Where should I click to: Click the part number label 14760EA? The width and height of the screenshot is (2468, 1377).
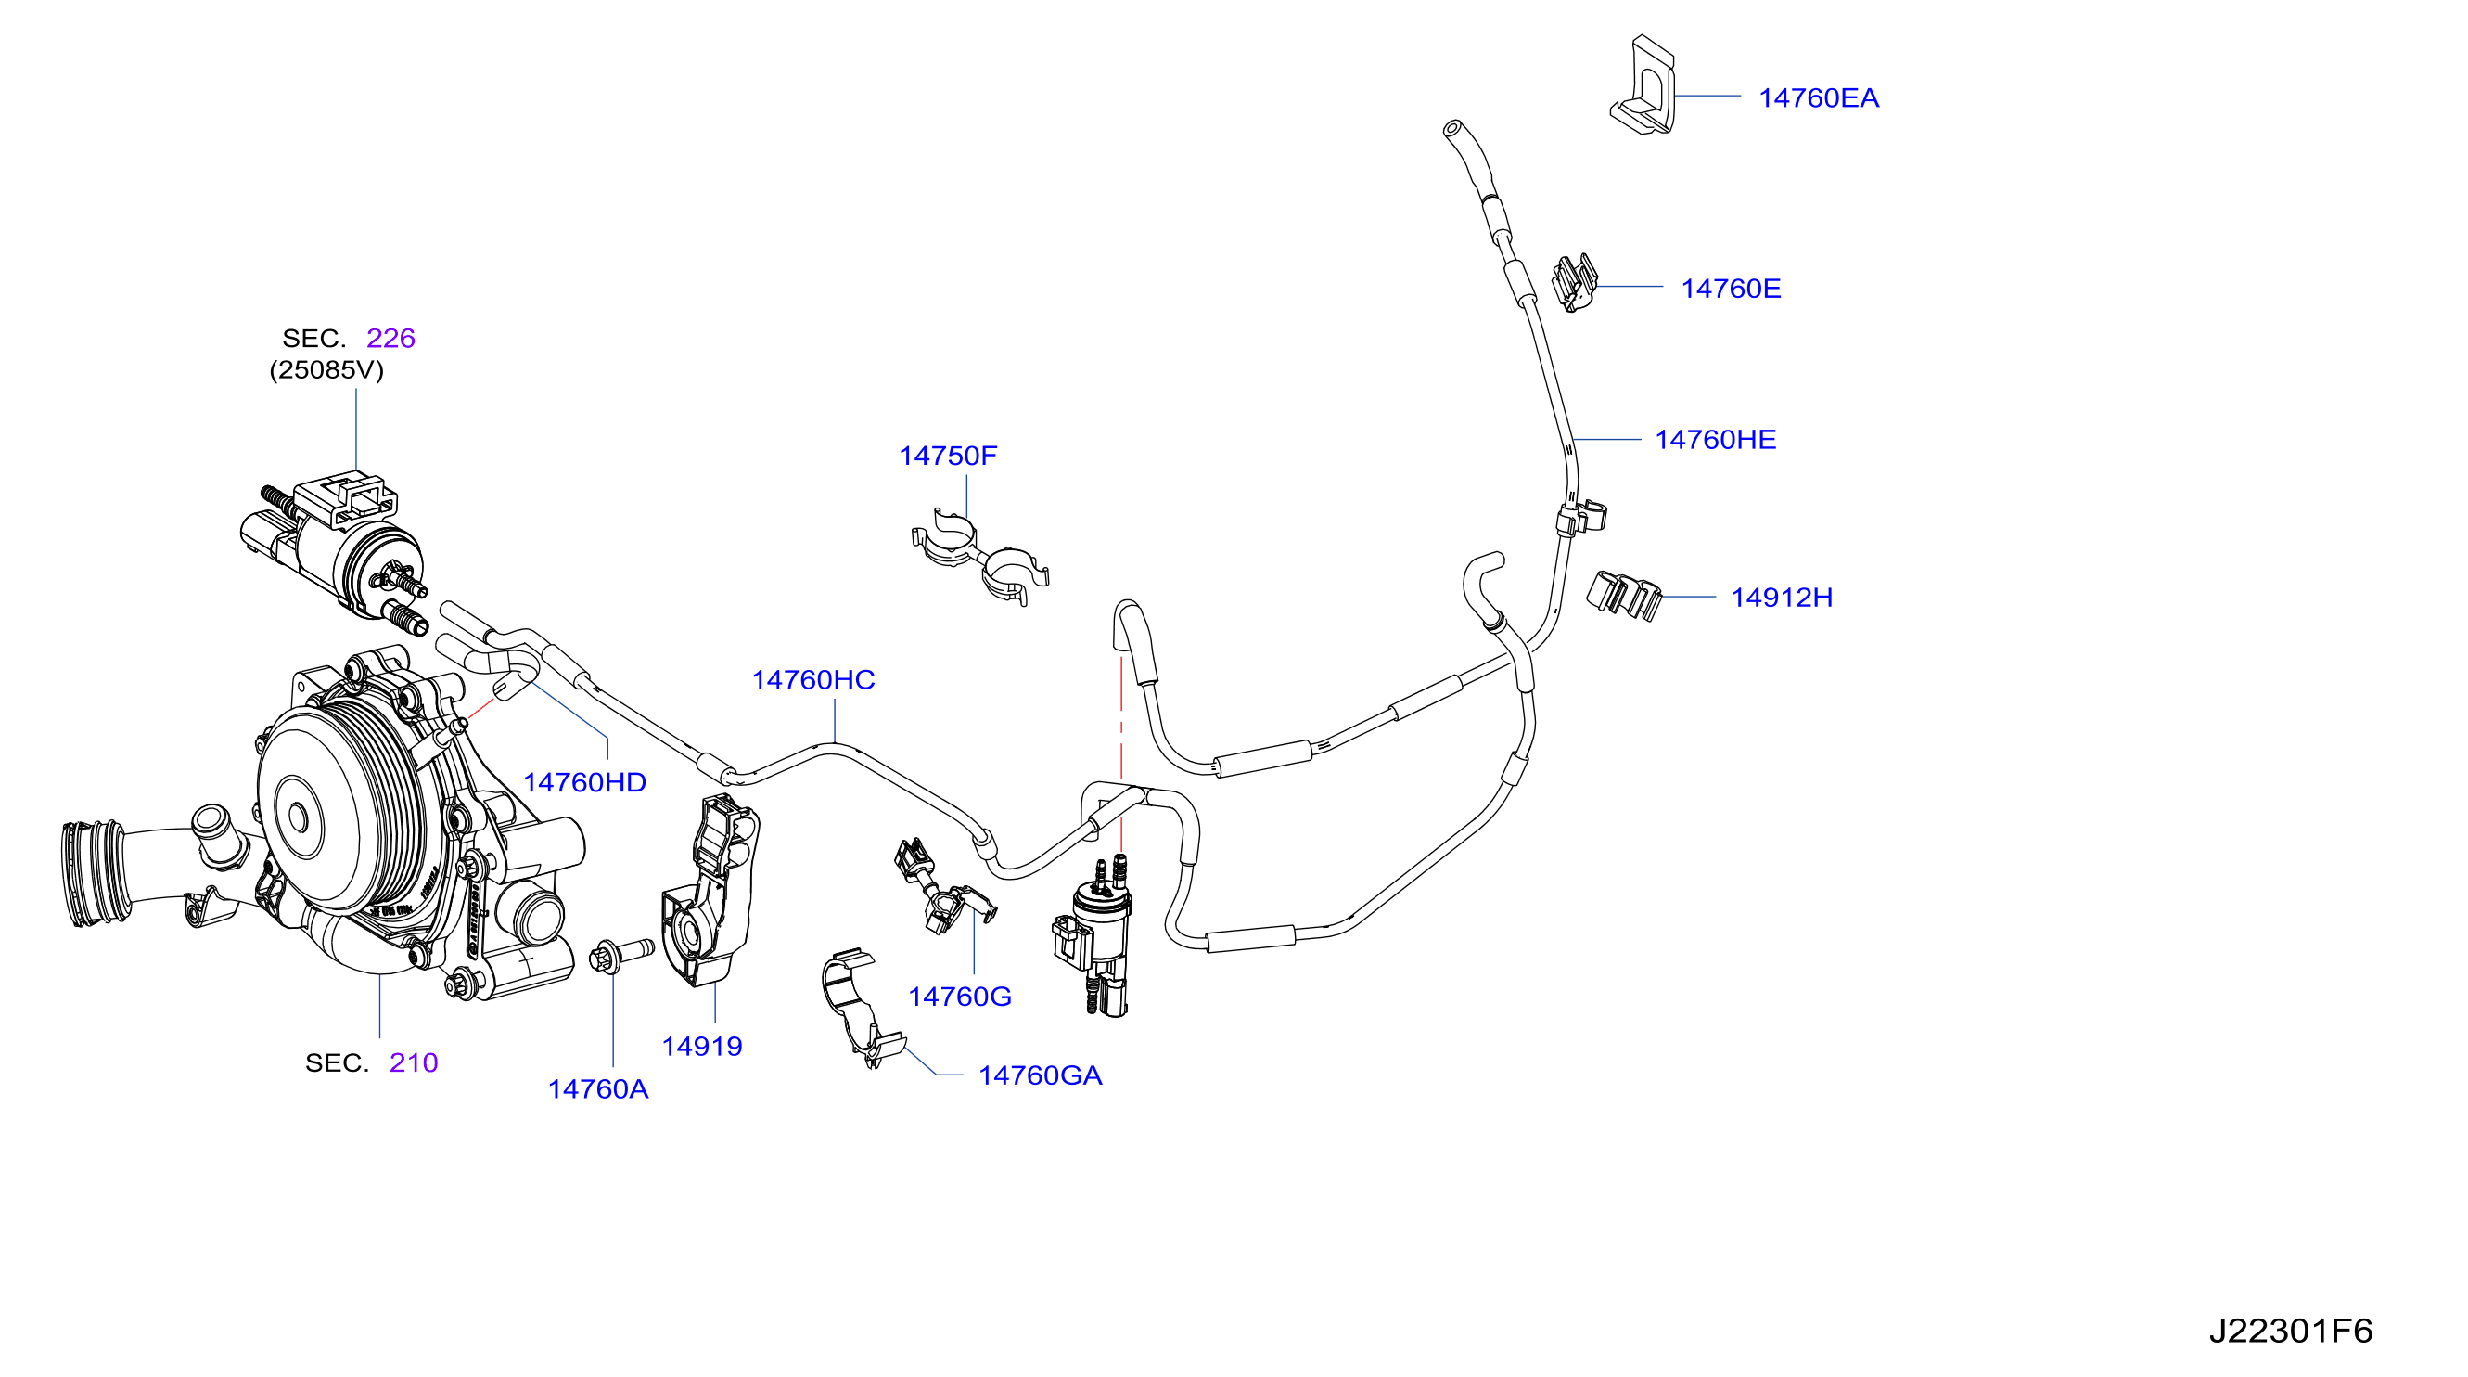click(1818, 97)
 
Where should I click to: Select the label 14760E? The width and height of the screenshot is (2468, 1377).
click(1731, 289)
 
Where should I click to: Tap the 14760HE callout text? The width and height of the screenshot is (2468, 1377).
click(1715, 440)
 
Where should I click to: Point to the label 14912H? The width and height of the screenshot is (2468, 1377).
click(1781, 598)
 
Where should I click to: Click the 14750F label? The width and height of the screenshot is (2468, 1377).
click(948, 457)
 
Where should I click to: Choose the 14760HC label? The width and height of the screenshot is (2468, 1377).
click(813, 680)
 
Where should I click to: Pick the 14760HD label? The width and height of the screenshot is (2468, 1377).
click(584, 783)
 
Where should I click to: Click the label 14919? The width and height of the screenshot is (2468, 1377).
click(702, 1047)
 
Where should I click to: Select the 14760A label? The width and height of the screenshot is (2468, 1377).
click(598, 1089)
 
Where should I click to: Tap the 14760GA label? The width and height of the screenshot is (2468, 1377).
click(1040, 1076)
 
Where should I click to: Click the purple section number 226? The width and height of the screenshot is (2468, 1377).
click(390, 339)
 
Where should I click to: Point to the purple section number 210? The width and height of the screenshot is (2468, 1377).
click(414, 1062)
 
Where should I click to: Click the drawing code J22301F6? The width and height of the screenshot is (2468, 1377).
click(2290, 1331)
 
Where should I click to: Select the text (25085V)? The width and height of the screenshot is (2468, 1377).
click(326, 370)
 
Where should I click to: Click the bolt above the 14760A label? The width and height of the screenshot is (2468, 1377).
click(621, 955)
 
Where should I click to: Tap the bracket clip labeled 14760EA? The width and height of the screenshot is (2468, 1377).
click(1643, 85)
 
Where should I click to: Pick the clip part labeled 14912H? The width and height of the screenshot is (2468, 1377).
click(1623, 595)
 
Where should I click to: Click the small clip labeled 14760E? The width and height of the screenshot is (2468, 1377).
click(1575, 283)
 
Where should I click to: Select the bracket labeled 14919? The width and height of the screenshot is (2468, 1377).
click(710, 891)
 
